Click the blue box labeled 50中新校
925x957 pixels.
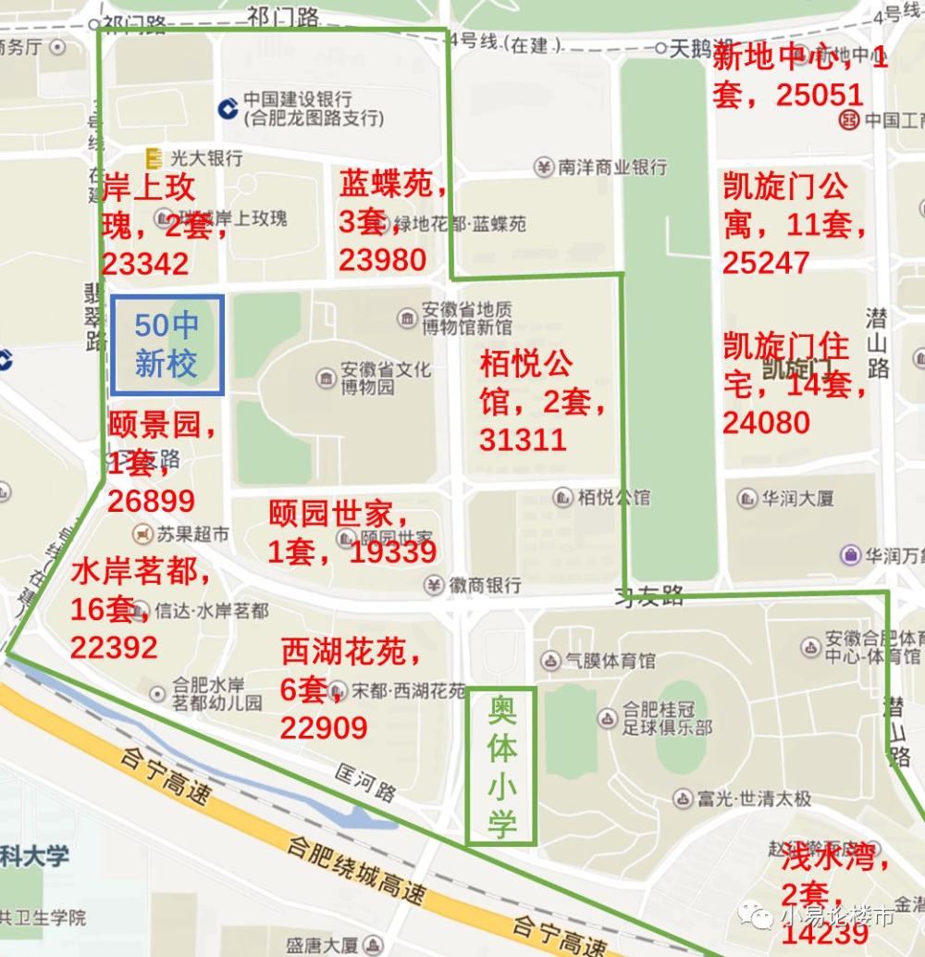click(x=166, y=345)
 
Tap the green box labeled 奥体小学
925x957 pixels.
click(x=501, y=766)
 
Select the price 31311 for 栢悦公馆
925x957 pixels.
click(x=523, y=439)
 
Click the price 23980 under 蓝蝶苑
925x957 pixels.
click(x=382, y=260)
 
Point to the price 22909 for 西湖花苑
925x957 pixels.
click(x=324, y=728)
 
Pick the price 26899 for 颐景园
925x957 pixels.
click(x=151, y=501)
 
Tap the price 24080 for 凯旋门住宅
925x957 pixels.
click(x=766, y=423)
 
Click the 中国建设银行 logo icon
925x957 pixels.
click(x=228, y=108)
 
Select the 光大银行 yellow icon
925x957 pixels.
click(x=154, y=158)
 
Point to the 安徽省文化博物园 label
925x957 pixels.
click(x=385, y=378)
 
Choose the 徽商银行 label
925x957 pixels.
click(x=485, y=585)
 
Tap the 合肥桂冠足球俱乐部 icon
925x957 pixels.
click(x=607, y=718)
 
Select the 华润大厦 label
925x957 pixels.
click(x=796, y=498)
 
